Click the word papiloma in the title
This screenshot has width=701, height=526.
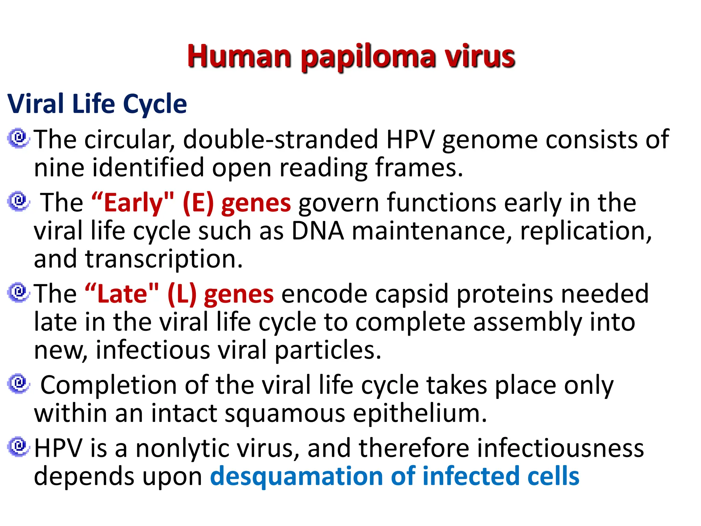point(368,57)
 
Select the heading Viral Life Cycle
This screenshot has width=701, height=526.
point(97,104)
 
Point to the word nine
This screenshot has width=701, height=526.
point(59,167)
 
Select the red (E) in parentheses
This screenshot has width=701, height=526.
point(198,203)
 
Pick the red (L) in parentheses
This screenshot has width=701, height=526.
point(182,294)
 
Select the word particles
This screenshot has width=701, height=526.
point(328,350)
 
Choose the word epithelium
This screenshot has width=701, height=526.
point(420,413)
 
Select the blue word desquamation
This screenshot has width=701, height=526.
point(296,476)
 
